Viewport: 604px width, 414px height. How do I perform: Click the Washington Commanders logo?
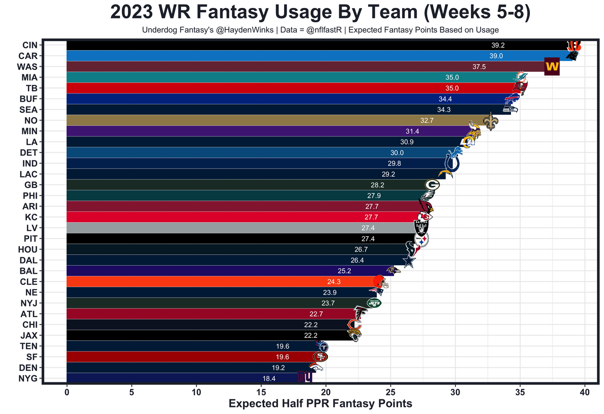[x=552, y=67]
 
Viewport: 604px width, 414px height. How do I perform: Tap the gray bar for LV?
[x=212, y=228]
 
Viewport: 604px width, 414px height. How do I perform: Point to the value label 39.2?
[x=497, y=45]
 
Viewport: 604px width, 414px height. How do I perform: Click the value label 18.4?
[x=269, y=378]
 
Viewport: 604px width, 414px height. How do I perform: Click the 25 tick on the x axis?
[x=390, y=392]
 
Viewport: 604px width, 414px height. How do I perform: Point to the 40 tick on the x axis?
[x=585, y=392]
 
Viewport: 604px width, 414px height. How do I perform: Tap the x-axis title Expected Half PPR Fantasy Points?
[x=320, y=404]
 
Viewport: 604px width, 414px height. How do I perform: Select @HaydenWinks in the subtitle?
[x=222, y=30]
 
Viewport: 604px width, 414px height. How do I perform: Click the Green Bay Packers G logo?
[x=432, y=185]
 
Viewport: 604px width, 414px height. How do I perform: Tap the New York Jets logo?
[x=374, y=303]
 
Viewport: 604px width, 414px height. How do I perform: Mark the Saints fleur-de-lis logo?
[x=491, y=121]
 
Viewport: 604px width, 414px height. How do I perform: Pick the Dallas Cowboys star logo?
[x=409, y=261]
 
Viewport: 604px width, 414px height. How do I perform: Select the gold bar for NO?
[x=236, y=121]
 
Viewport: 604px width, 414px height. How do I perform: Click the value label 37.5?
[x=479, y=67]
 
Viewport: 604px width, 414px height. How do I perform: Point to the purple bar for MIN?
[x=236, y=131]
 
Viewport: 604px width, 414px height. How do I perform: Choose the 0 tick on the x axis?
[x=67, y=392]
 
